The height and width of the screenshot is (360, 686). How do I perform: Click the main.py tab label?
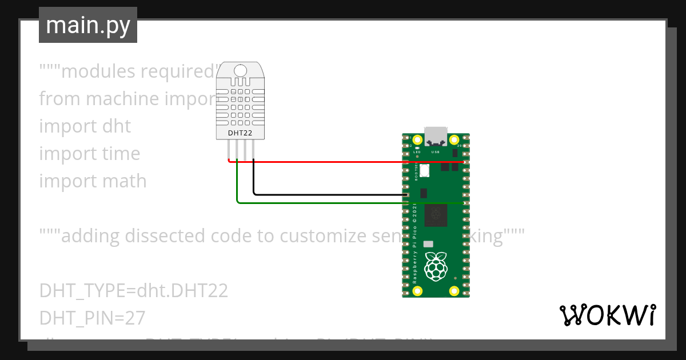tap(87, 26)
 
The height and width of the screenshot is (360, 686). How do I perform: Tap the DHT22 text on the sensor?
tap(240, 133)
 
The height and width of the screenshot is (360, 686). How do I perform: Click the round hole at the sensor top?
tap(240, 71)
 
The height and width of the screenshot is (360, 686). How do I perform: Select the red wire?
tap(343, 162)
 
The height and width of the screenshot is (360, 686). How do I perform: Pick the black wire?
tap(332, 194)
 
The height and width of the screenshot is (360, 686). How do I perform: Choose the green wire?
tap(320, 202)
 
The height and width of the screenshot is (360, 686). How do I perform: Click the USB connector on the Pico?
tap(436, 135)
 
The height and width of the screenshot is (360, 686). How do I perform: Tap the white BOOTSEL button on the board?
tap(425, 170)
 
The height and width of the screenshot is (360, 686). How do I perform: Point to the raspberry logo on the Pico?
tap(436, 266)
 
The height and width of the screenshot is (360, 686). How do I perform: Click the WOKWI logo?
tap(607, 315)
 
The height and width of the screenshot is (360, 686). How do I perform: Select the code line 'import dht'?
tap(85, 126)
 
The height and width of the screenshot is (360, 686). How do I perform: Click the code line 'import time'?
tap(90, 153)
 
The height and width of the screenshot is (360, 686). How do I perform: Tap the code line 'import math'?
tap(93, 181)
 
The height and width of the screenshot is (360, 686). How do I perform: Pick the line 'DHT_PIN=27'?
tap(93, 317)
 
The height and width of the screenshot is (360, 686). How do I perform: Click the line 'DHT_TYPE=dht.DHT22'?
tap(134, 290)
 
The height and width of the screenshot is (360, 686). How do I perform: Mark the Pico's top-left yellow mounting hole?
tap(417, 140)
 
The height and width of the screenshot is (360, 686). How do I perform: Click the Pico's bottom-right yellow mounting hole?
tap(454, 291)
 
